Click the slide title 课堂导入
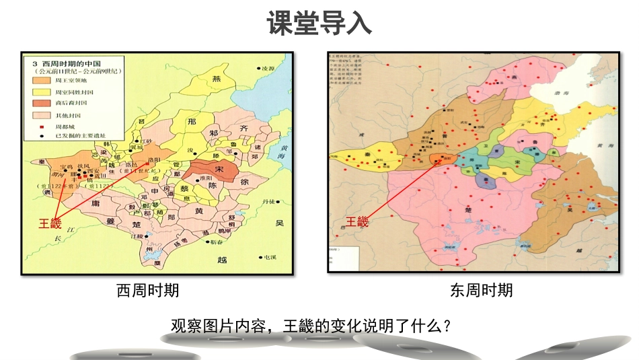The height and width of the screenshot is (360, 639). pyautogui.click(x=319, y=24)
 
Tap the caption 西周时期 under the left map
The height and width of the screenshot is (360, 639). pyautogui.click(x=148, y=290)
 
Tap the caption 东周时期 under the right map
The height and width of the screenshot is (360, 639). pyautogui.click(x=481, y=290)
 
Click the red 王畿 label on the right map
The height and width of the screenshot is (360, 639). pyautogui.click(x=358, y=221)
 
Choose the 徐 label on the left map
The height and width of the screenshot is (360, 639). pyautogui.click(x=245, y=182)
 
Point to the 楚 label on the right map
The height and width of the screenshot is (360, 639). pyautogui.click(x=466, y=211)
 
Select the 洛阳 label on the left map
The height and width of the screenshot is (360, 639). pyautogui.click(x=153, y=159)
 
